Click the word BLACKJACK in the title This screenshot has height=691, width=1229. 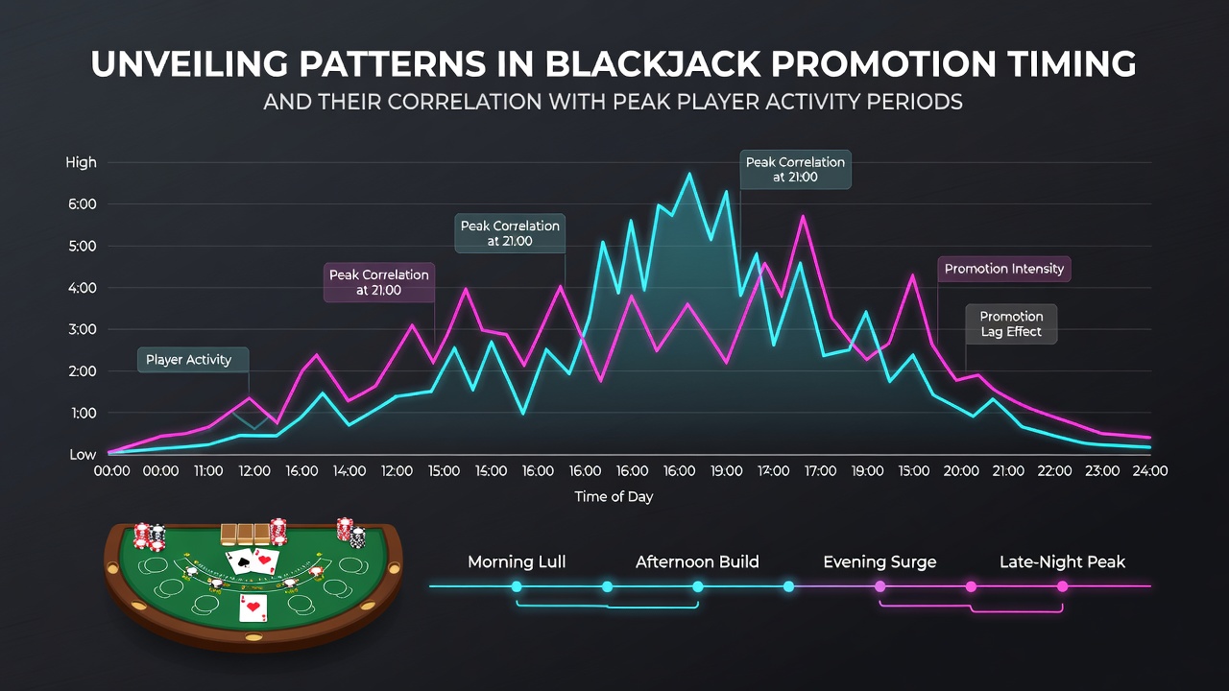click(x=652, y=64)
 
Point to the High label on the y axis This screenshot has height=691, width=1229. click(x=82, y=162)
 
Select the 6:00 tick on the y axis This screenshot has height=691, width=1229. click(x=83, y=204)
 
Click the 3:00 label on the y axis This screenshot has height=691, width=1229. click(x=83, y=329)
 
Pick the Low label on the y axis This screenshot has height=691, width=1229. click(x=83, y=454)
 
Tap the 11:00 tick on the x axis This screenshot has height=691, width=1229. click(x=208, y=470)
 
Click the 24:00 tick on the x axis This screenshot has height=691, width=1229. click(x=1150, y=470)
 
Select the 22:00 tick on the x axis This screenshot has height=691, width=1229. click(x=1054, y=470)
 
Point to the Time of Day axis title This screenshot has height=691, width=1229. click(x=614, y=497)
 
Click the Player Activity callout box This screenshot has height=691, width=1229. click(x=193, y=360)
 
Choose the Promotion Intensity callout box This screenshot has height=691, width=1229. click(x=1004, y=269)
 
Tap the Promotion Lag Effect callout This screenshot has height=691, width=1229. click(x=1011, y=324)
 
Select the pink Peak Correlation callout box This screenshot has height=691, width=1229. click(x=379, y=282)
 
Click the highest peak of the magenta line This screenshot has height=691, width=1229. click(x=804, y=216)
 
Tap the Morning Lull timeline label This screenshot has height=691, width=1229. click(x=517, y=562)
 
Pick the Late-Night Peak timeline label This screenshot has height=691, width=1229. click(x=1062, y=562)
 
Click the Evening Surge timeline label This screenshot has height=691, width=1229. click(x=880, y=562)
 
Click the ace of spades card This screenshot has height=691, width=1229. click(x=240, y=561)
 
